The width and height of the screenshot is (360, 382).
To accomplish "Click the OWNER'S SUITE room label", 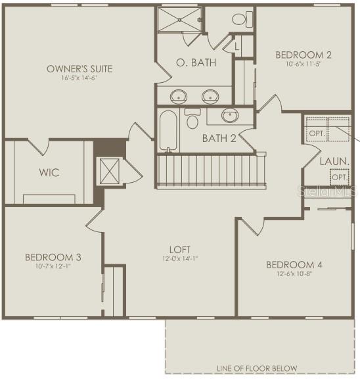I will (79, 68).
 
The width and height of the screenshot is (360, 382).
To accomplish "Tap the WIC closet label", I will (49, 173).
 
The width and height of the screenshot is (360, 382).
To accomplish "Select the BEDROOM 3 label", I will (53, 256).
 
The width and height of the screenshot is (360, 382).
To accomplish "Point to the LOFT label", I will (179, 249).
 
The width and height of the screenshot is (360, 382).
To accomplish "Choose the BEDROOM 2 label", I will (303, 55).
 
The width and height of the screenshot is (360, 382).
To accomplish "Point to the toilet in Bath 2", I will (192, 120).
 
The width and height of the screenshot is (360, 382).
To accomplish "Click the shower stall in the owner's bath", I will (179, 21).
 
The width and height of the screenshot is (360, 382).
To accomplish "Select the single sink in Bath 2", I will (229, 116).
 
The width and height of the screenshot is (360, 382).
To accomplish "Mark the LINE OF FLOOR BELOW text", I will (256, 368).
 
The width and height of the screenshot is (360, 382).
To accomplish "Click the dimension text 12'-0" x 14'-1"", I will (179, 258).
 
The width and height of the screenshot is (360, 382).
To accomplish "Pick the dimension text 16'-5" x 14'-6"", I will (79, 78).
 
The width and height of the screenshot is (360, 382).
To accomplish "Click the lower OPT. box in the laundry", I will (339, 178).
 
